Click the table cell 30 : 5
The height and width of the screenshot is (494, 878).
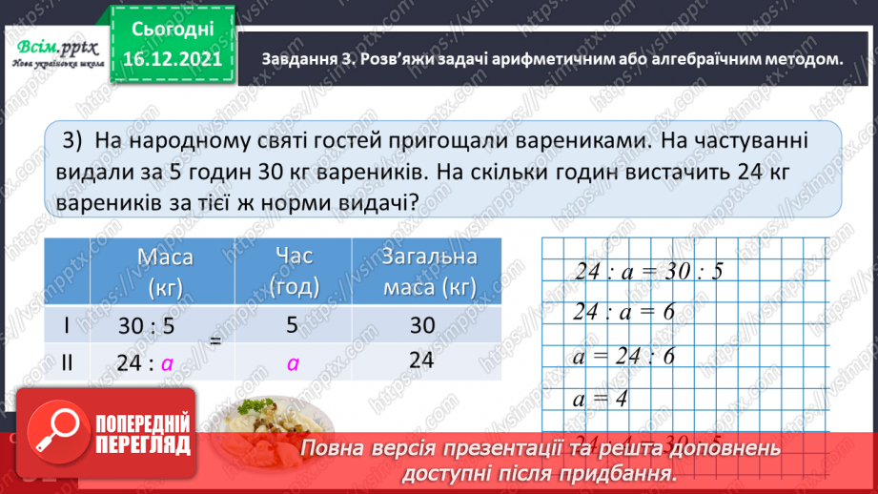[x=147, y=325]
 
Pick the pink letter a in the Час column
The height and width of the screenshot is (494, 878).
[x=293, y=362]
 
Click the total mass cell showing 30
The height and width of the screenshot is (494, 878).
[x=421, y=325]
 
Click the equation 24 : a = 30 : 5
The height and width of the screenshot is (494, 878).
[x=649, y=271]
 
